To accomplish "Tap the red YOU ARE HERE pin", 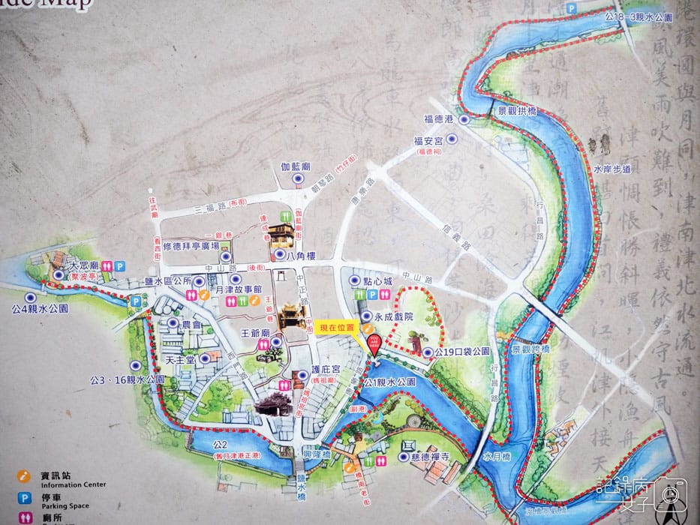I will click(374, 343).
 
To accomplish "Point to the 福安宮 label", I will click(428, 139).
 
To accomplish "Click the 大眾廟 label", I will click(84, 265).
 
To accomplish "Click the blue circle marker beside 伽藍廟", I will click(298, 179).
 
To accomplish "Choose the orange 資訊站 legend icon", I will click(24, 475).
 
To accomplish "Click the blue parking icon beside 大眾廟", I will click(119, 265).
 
